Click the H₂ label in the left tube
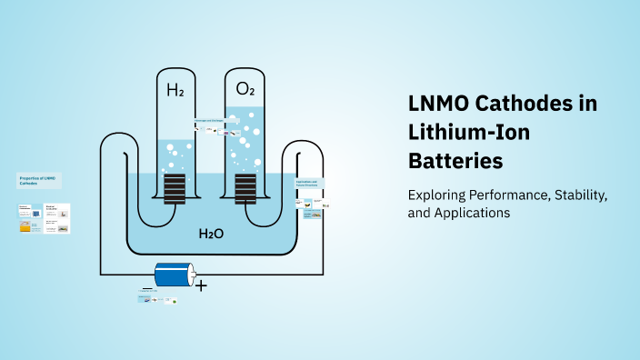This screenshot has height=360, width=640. (x=175, y=90)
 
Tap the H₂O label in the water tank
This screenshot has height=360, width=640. (x=212, y=234)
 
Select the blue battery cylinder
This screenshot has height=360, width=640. (x=174, y=274)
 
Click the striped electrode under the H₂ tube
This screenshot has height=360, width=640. (x=175, y=192)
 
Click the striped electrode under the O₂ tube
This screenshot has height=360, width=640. (x=245, y=192)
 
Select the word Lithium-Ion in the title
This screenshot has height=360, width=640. (x=468, y=134)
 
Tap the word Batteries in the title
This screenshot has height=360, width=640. (x=455, y=162)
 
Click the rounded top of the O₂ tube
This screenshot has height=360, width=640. (x=245, y=53)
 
